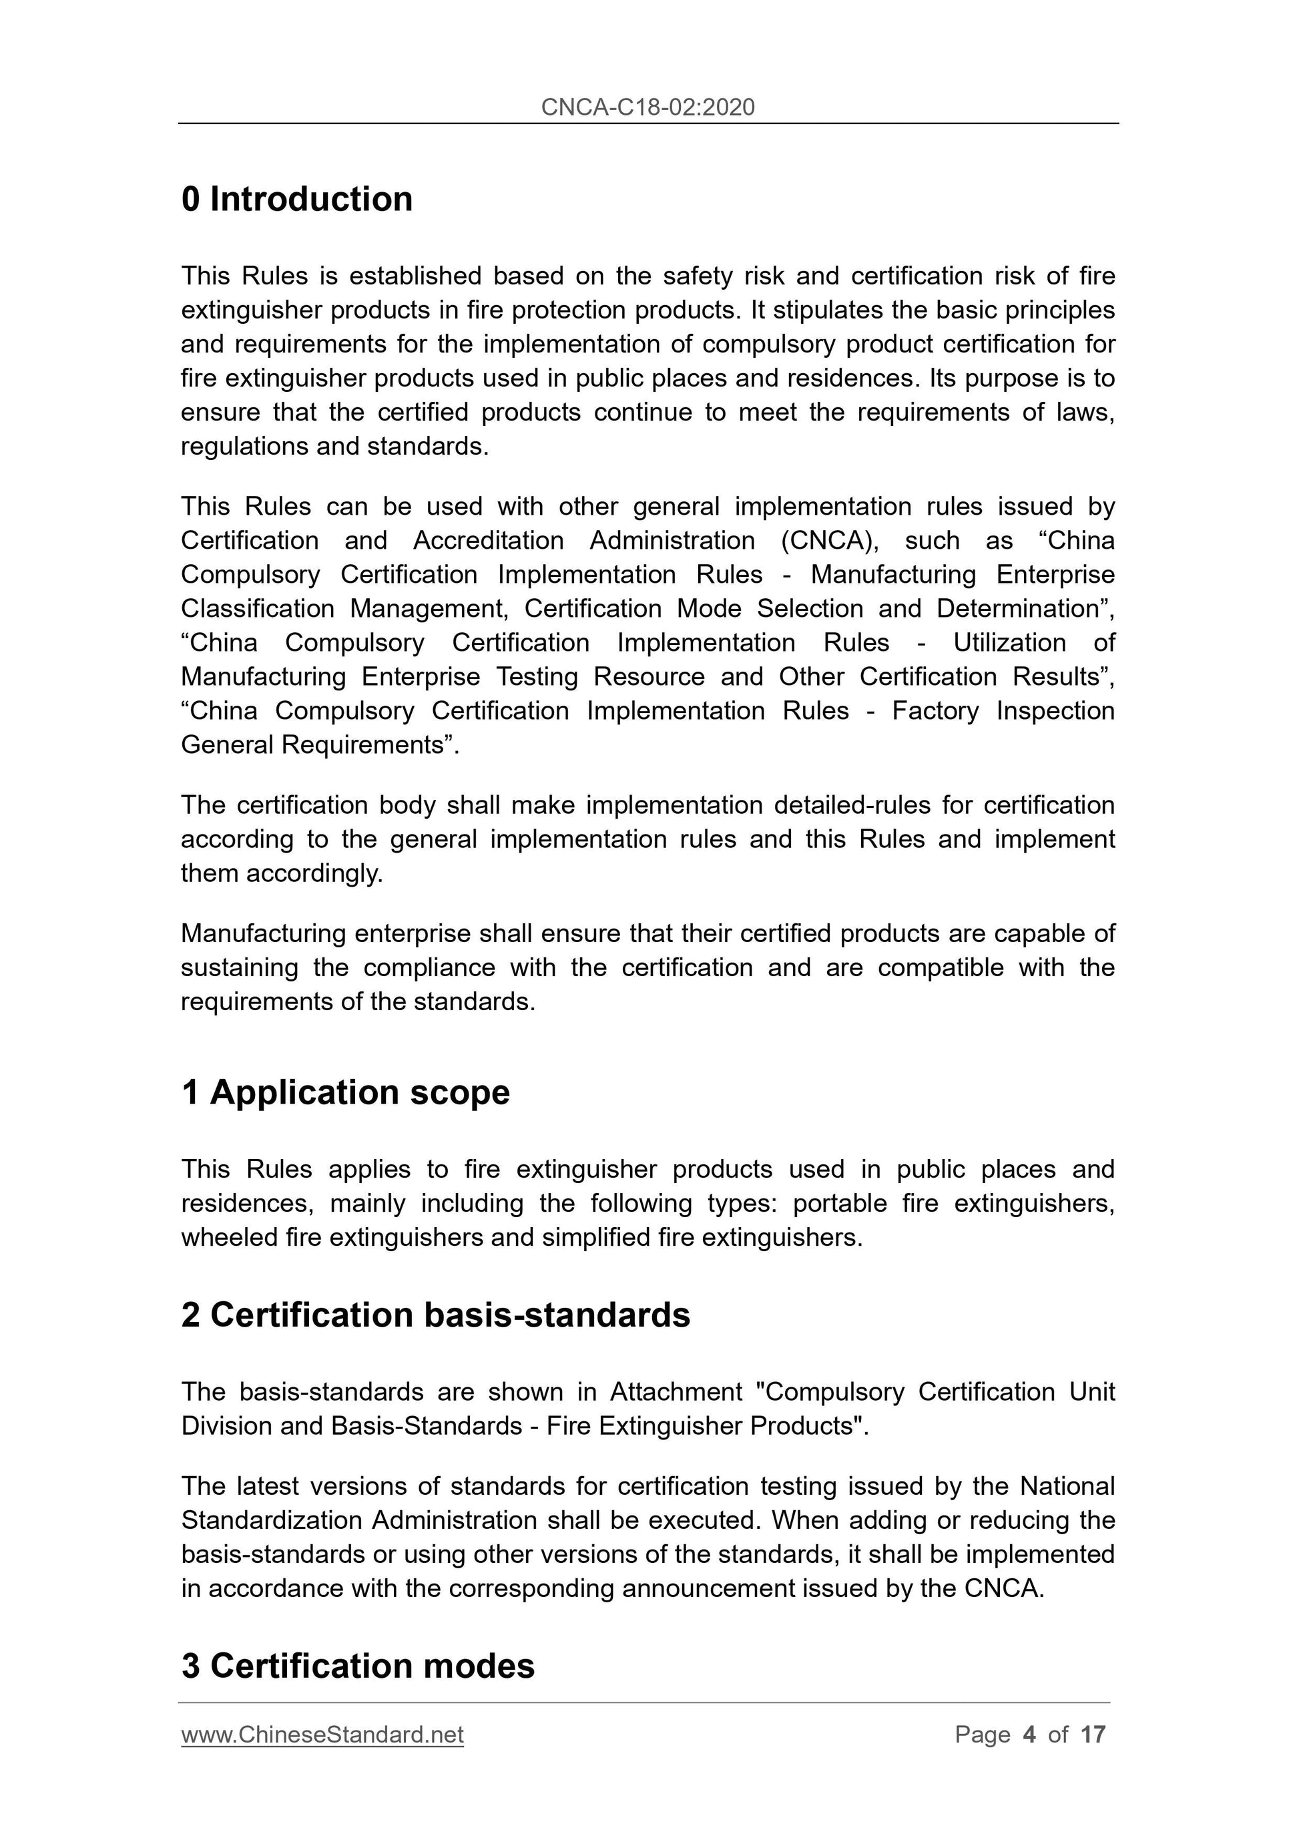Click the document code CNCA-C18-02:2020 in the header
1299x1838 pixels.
coord(647,107)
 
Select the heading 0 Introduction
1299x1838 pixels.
coord(297,200)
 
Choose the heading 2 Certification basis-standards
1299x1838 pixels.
coord(435,1315)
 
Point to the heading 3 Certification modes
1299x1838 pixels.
coord(358,1666)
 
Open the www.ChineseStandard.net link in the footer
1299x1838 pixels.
coord(322,1735)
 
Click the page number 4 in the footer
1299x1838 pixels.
coord(1029,1735)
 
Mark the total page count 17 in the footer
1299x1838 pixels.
coord(1093,1735)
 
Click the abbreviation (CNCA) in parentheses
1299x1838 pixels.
coord(829,540)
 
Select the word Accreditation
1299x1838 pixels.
coord(488,540)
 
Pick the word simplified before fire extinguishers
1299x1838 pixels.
coord(595,1238)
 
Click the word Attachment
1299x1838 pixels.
coord(676,1392)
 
